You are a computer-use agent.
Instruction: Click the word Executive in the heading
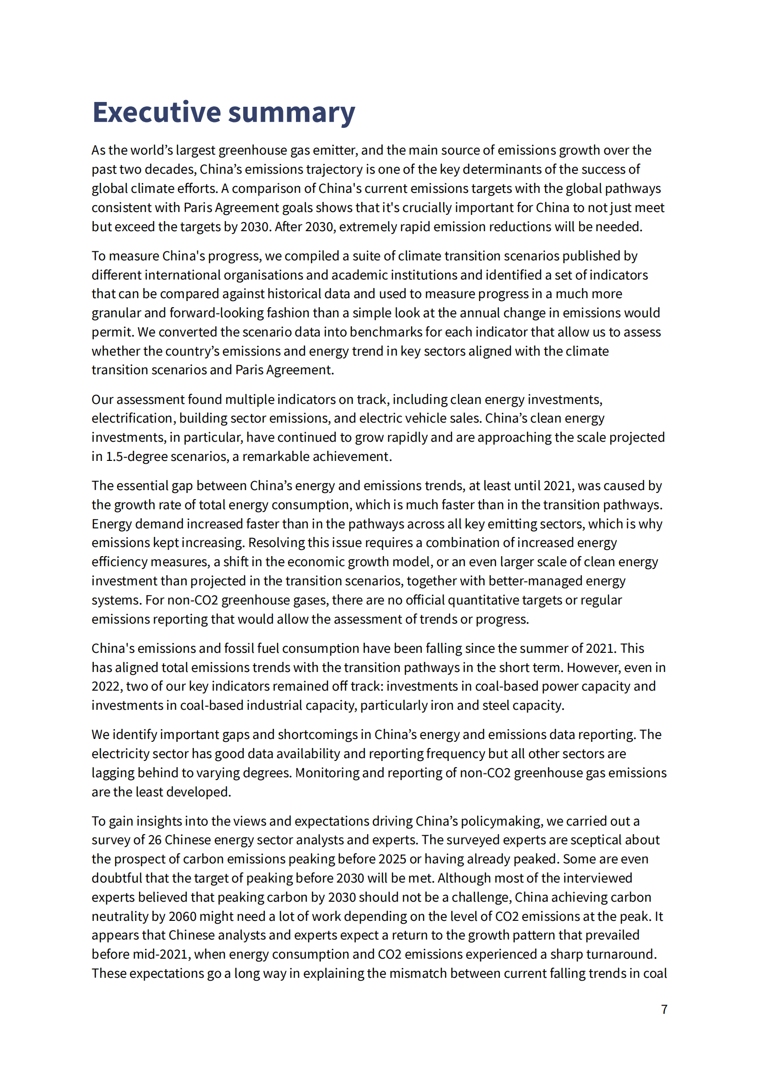pyautogui.click(x=156, y=113)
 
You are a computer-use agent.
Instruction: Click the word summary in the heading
pyautogui.click(x=291, y=113)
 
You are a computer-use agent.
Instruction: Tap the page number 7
pyautogui.click(x=664, y=1009)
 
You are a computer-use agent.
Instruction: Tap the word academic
pyautogui.click(x=359, y=275)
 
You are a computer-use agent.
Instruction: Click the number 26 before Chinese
pyautogui.click(x=155, y=840)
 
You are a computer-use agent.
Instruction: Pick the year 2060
pyautogui.click(x=182, y=917)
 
